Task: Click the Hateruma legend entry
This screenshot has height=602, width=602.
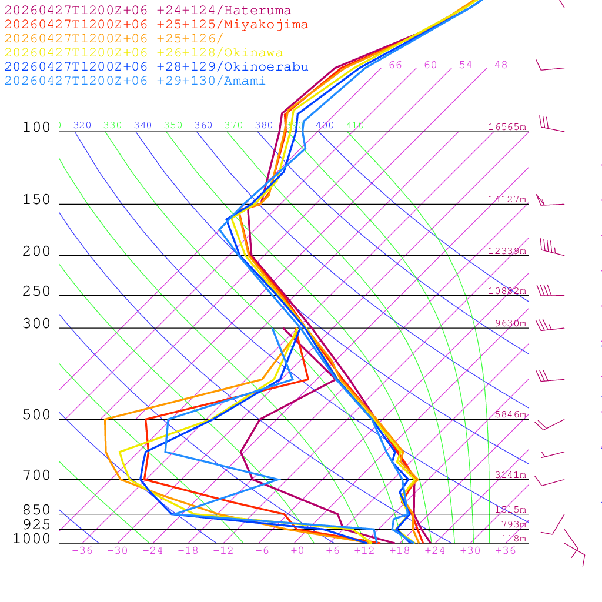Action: tap(148, 11)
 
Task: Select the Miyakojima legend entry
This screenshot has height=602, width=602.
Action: tap(156, 25)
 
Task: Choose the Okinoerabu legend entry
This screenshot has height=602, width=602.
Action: tap(156, 66)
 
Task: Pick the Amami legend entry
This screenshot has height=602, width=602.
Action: tap(135, 81)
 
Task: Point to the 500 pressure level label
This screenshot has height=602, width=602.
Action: tap(37, 415)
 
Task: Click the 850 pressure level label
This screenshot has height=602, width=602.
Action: tap(37, 510)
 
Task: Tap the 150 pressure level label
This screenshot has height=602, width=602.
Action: tap(37, 200)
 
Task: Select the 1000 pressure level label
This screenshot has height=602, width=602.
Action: tap(32, 539)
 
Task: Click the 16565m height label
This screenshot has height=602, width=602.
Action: tap(507, 127)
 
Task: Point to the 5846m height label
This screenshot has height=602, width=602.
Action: tap(510, 414)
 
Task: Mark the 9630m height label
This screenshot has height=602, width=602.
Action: tap(510, 323)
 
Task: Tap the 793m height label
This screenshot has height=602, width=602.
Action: tap(513, 524)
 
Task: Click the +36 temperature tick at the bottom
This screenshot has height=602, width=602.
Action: tap(506, 551)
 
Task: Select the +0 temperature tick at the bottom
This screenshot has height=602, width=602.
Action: tap(297, 551)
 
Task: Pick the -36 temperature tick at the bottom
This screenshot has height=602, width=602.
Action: tap(82, 551)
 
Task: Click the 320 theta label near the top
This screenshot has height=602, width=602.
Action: tap(82, 125)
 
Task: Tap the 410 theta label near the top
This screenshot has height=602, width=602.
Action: tap(355, 125)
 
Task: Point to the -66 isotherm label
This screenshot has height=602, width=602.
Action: tap(392, 65)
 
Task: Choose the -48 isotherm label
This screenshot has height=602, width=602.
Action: tap(497, 65)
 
